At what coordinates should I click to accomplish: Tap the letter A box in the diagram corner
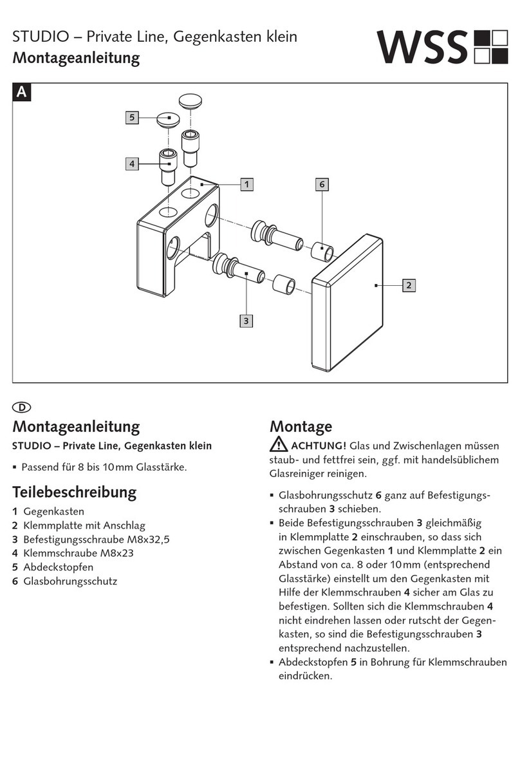coord(22,93)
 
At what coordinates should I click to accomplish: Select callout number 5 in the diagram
coord(132,118)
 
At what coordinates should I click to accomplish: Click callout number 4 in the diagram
coord(132,164)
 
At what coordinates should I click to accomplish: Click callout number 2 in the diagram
coord(409,285)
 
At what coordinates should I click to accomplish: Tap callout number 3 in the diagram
coord(245,321)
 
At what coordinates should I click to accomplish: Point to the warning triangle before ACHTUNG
coord(279,445)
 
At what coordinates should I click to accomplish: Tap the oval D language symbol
coord(22,408)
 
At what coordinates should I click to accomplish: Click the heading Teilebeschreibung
coord(74,493)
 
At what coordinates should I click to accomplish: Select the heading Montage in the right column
coord(301,426)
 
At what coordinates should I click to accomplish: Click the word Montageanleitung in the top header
coord(76,59)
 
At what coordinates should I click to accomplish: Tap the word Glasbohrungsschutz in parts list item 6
coord(70,581)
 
